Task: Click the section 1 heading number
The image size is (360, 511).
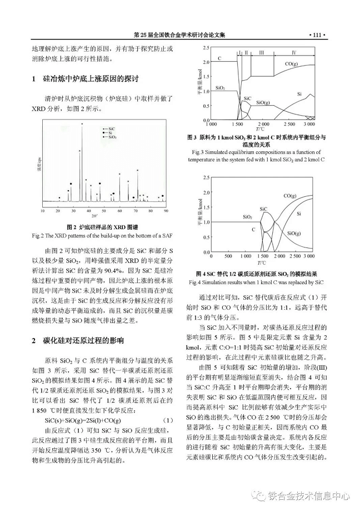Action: click(34, 78)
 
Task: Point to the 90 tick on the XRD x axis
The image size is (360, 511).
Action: click(166, 211)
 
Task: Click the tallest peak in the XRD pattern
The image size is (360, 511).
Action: click(82, 124)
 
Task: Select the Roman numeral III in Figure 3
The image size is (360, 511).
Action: click(261, 52)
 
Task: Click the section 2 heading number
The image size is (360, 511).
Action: click(34, 340)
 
